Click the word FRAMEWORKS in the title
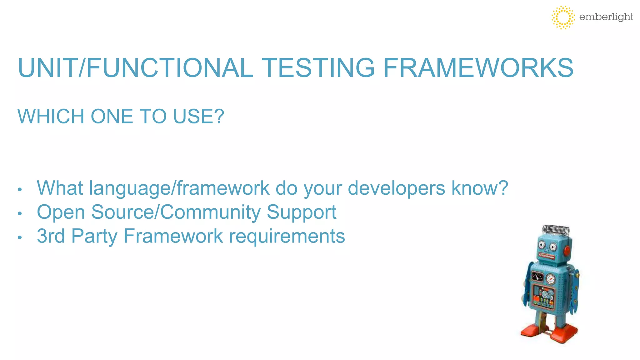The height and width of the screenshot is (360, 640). point(478,68)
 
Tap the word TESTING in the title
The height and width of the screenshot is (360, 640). point(318,68)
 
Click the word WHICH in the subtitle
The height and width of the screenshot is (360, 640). point(51,117)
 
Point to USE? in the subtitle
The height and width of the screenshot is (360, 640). point(199,117)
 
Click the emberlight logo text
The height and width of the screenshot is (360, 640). point(606,17)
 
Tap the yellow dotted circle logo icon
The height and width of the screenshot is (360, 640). point(563,17)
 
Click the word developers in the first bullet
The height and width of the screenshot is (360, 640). point(396,188)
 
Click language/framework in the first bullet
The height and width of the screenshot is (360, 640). point(179,189)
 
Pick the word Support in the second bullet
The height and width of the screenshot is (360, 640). point(302,212)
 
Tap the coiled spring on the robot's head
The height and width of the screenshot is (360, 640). point(556,230)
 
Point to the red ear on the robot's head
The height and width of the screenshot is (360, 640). point(567,250)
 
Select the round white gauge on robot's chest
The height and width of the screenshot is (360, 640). point(550,278)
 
